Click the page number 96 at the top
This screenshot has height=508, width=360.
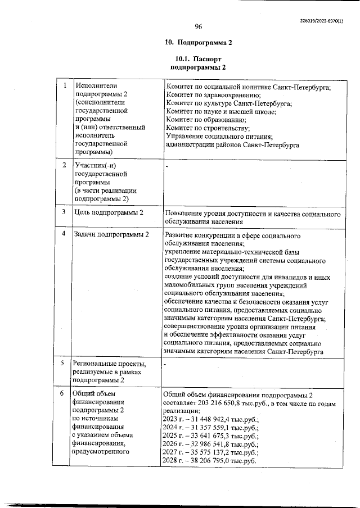[x=198, y=26]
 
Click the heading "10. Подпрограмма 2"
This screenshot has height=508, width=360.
[x=198, y=43]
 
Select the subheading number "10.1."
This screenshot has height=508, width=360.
[x=182, y=58]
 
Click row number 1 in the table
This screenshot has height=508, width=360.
[x=65, y=86]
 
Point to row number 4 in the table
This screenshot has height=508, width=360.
[x=65, y=233]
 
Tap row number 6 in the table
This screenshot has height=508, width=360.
[x=65, y=393]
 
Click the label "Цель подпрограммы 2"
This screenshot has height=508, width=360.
[x=109, y=212]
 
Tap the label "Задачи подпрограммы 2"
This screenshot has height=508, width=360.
[x=111, y=234]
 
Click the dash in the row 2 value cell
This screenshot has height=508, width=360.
[x=168, y=166]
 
